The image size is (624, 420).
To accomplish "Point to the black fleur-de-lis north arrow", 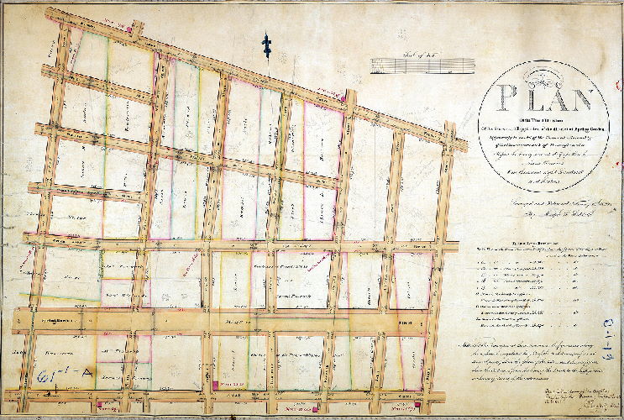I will pos(267,42).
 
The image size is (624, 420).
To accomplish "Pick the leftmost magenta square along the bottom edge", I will pos(100,407).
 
